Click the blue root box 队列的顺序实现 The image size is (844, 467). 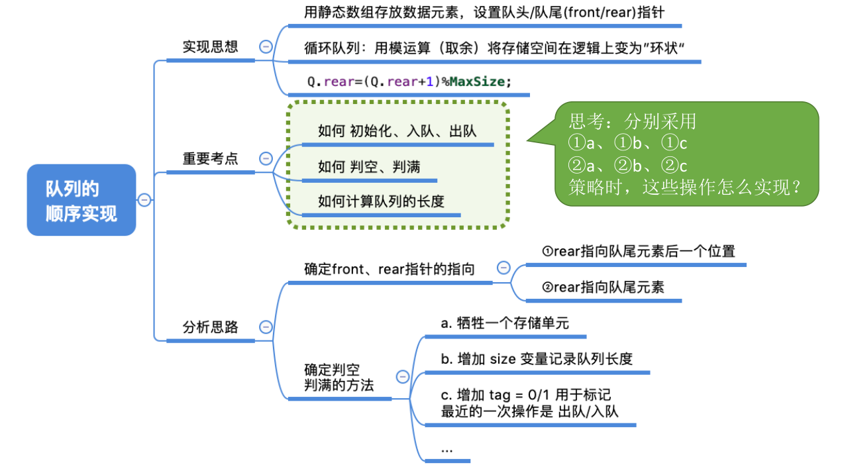tap(81, 200)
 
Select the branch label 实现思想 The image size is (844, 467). tap(210, 47)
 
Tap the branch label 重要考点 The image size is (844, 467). tap(210, 159)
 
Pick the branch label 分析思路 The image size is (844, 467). tap(210, 327)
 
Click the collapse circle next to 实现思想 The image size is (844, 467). tap(266, 47)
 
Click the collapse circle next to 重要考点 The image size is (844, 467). tap(266, 159)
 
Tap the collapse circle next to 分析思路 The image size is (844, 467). tap(266, 327)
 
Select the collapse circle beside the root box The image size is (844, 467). tap(144, 200)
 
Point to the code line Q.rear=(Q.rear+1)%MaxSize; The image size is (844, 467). tap(409, 82)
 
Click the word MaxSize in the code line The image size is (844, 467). tap(478, 82)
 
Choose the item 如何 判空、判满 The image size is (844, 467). tap(369, 167)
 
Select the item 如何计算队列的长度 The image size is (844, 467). tap(381, 201)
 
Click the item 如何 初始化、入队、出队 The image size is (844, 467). tap(397, 131)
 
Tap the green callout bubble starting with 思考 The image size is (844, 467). tap(686, 154)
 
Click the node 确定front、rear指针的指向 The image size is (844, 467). tap(390, 270)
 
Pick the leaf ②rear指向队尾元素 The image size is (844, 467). tap(603, 287)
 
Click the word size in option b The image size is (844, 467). tap(502, 359)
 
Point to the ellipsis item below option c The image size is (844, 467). tap(447, 449)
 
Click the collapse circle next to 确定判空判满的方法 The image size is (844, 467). tap(402, 377)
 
